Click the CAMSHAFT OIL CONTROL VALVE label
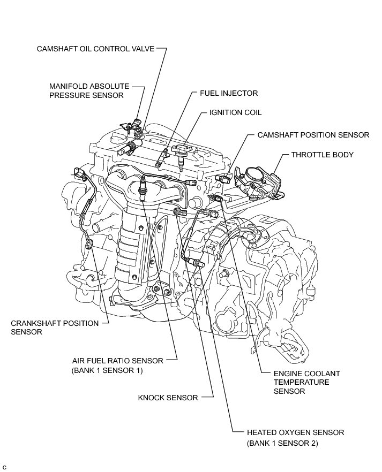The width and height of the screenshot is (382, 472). [95, 49]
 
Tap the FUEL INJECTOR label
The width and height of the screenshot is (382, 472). [229, 93]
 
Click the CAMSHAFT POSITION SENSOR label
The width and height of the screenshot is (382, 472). [313, 135]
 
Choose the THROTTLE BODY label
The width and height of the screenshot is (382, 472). [322, 155]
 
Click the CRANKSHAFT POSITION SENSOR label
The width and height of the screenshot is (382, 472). [55, 327]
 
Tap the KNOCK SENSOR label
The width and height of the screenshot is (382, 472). [168, 398]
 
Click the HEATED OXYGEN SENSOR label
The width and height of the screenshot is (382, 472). [295, 432]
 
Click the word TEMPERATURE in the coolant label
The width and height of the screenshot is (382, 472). [302, 382]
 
